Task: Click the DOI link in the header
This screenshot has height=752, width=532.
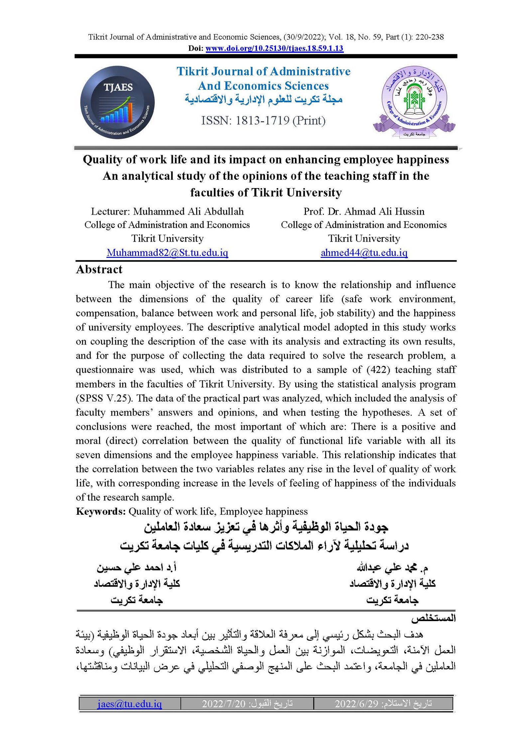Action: point(274,48)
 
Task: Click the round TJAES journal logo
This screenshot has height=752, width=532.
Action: point(117,102)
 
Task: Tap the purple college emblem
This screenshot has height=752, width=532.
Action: point(414,101)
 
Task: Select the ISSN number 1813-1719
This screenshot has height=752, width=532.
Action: point(262,120)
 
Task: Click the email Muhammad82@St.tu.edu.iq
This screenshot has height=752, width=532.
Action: point(167,253)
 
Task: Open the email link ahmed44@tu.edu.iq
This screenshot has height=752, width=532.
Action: point(364,253)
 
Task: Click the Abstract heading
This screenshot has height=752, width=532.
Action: point(99,269)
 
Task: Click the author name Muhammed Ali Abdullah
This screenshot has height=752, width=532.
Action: point(189,211)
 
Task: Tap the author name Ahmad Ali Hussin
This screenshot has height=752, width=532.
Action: point(384,211)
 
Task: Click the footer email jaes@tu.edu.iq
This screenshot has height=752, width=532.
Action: point(130,703)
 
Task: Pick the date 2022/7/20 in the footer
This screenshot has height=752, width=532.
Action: point(223,703)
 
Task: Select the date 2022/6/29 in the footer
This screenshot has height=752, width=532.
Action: point(356,703)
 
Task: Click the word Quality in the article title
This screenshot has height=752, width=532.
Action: point(103,160)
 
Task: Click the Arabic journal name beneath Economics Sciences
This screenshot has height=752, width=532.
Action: point(264,99)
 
